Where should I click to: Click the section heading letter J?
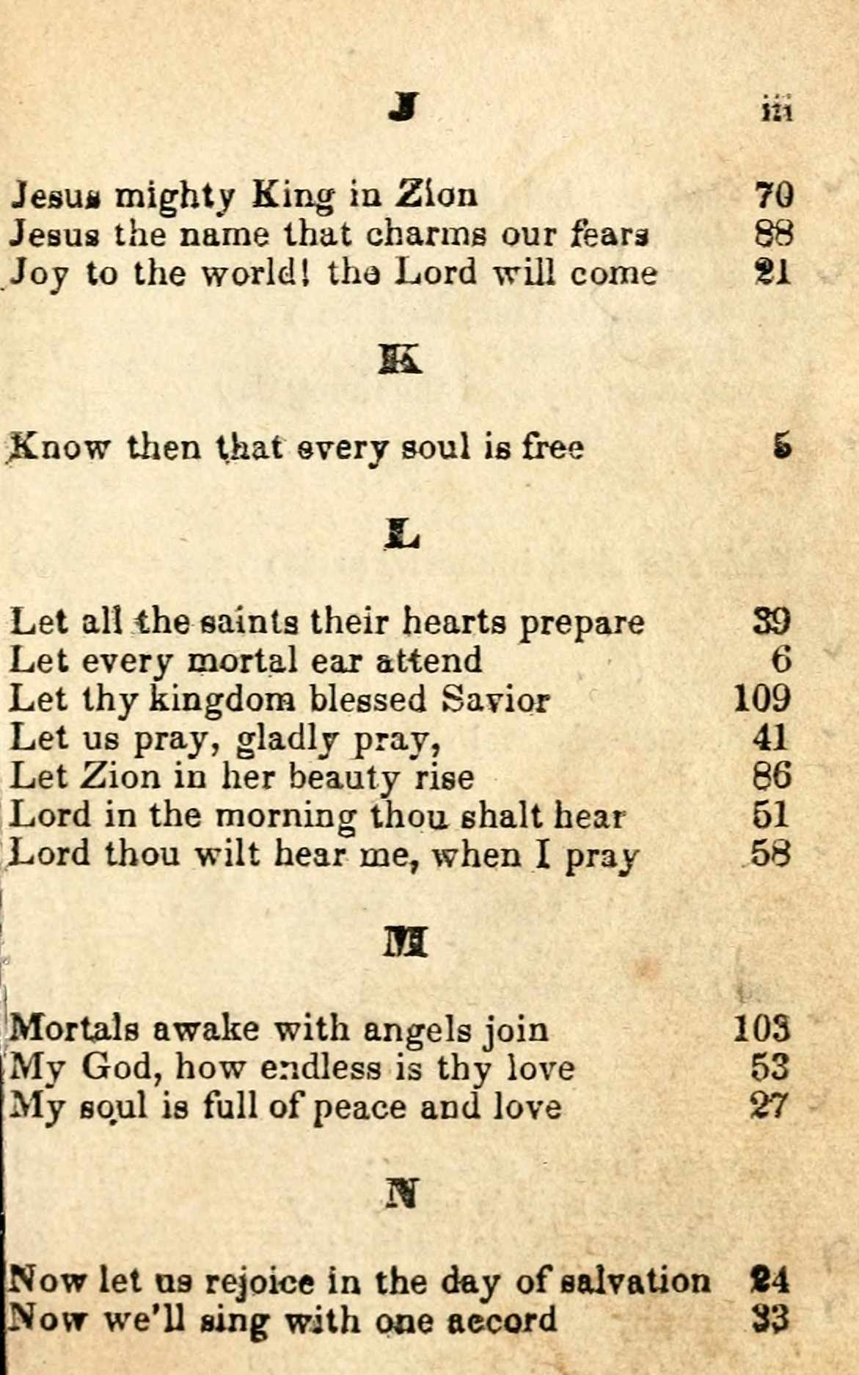tap(403, 107)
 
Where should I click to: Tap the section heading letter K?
tap(401, 360)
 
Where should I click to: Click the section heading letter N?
tap(402, 1193)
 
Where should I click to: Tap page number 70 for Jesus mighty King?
tap(773, 195)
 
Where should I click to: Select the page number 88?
tap(773, 234)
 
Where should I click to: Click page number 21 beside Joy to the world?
tap(773, 273)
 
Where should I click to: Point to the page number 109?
tap(763, 699)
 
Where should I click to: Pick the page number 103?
tap(763, 1029)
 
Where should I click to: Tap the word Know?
tap(59, 446)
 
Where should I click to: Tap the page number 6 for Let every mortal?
tap(782, 660)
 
